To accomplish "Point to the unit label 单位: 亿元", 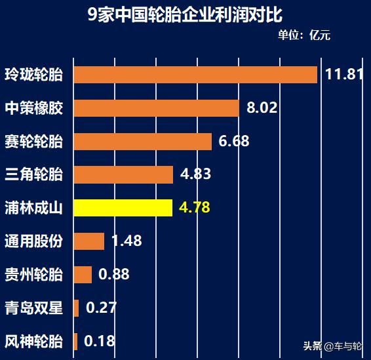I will click(x=304, y=35).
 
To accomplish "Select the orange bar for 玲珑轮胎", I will click(x=195, y=74).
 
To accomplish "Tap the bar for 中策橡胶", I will click(x=156, y=108).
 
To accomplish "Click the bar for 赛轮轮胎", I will click(x=142, y=141).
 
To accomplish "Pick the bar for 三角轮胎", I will click(x=123, y=174).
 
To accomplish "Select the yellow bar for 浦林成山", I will click(x=123, y=208).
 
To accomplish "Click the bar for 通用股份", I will click(x=89, y=241).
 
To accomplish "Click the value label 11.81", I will click(x=344, y=74).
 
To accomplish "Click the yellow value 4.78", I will click(x=194, y=208).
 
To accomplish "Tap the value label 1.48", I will click(x=127, y=241).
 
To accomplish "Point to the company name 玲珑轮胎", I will click(x=33, y=74).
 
